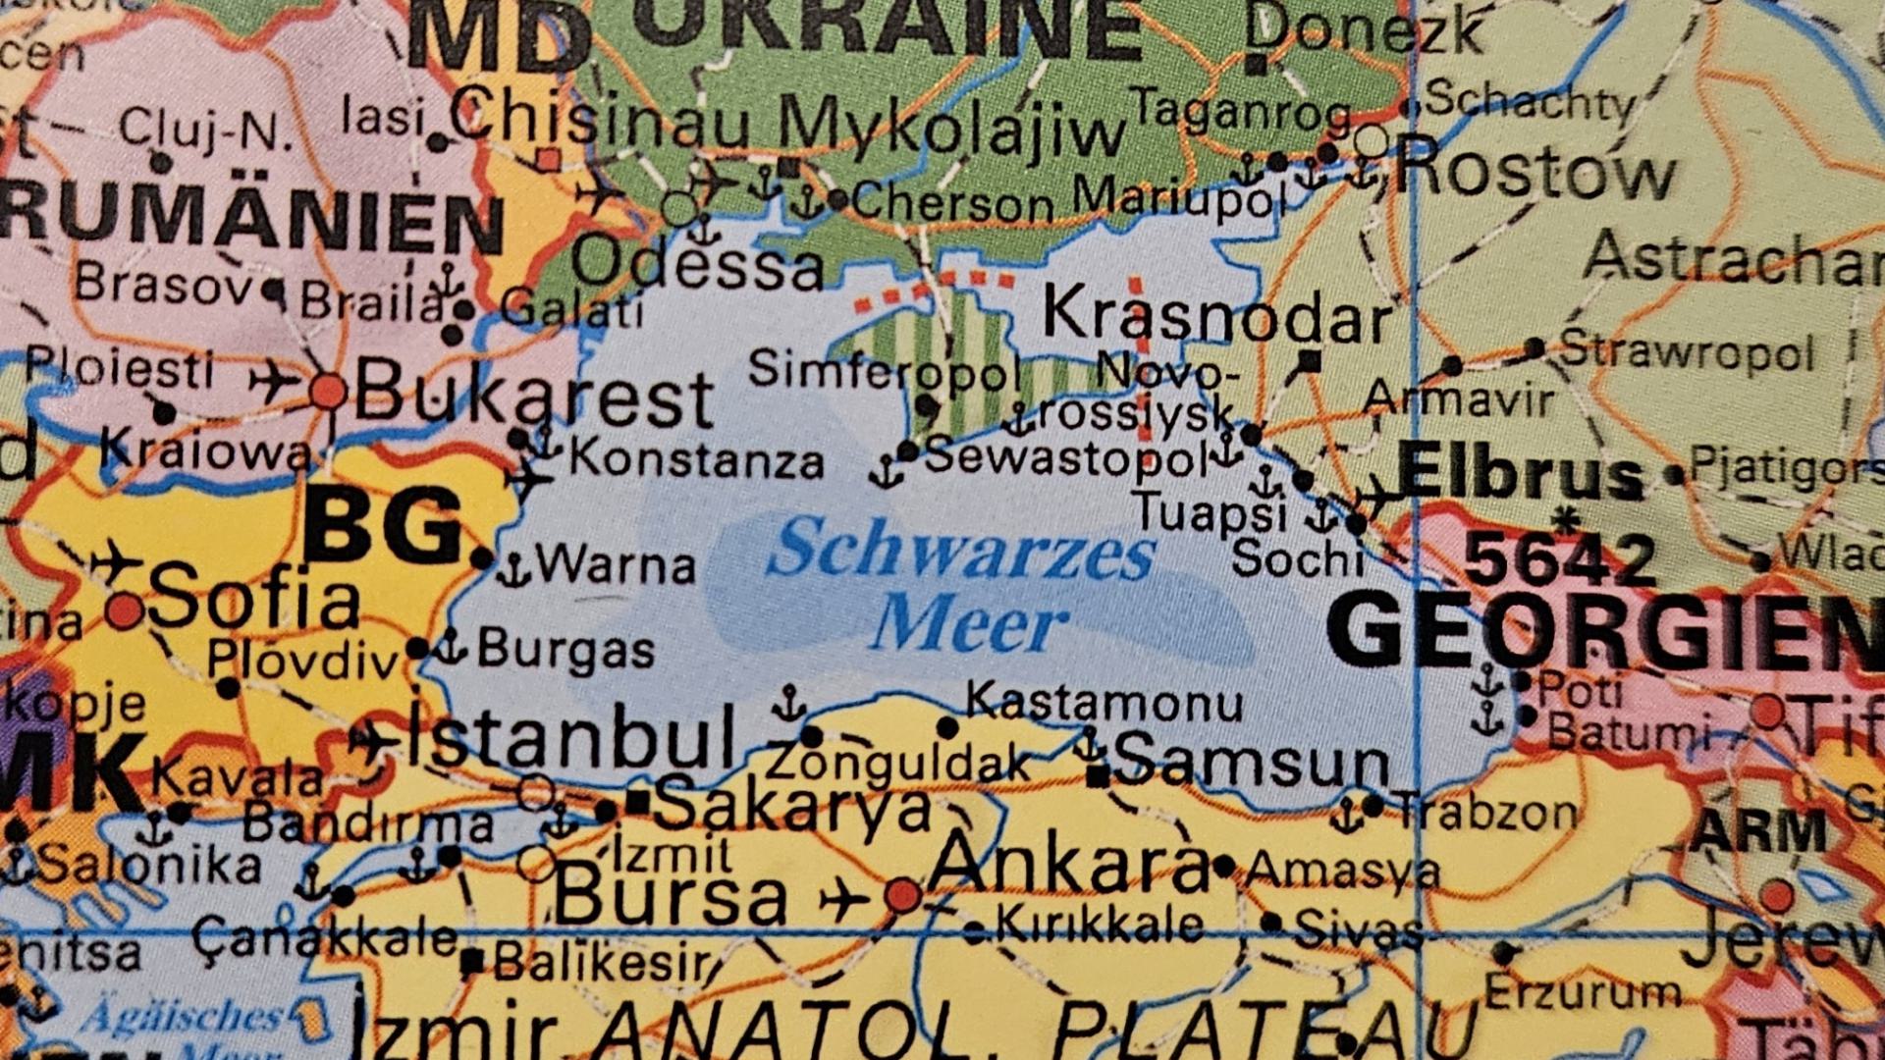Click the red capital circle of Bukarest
[328, 391]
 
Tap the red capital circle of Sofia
[125, 611]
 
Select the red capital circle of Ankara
[902, 895]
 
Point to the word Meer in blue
[968, 624]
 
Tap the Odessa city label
[698, 264]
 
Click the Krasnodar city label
[1216, 316]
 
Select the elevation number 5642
[1559, 559]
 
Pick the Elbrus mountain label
[1521, 474]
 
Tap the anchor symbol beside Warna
[512, 569]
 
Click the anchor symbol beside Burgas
[451, 647]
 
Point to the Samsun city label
[1251, 760]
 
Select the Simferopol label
[884, 371]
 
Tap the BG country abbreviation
[383, 527]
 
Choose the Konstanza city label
[696, 460]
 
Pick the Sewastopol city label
[1065, 456]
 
